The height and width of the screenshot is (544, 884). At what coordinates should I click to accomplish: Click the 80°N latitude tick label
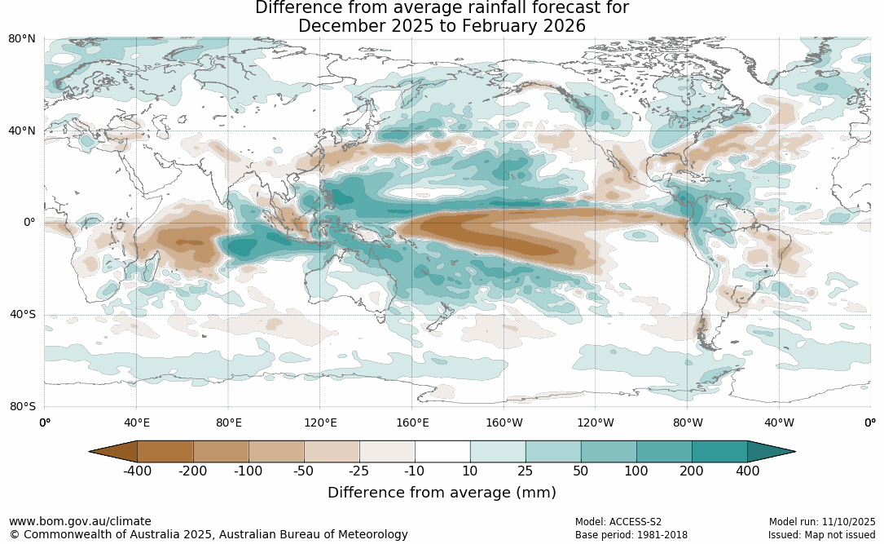[x=22, y=38]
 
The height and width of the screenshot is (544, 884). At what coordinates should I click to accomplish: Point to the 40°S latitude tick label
[x=22, y=314]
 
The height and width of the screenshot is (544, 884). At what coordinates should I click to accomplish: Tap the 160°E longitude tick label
[x=412, y=422]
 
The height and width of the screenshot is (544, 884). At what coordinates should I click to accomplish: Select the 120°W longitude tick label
[x=596, y=422]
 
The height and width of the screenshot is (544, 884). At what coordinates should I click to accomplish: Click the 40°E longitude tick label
[x=136, y=422]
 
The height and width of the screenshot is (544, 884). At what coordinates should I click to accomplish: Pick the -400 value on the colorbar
[x=138, y=471]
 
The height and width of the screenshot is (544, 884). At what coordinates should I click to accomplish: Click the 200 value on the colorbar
[x=692, y=471]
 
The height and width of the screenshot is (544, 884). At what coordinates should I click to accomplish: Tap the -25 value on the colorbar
[x=359, y=471]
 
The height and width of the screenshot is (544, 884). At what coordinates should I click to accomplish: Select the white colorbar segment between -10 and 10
[x=442, y=451]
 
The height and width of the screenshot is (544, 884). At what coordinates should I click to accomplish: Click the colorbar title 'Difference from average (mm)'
[x=442, y=493]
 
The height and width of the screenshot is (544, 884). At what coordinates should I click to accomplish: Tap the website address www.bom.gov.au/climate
[x=80, y=521]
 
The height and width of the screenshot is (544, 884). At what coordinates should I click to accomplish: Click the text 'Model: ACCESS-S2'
[x=618, y=521]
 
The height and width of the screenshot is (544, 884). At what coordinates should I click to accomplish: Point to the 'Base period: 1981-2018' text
[x=631, y=535]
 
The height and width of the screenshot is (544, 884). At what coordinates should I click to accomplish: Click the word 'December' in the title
[x=339, y=26]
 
